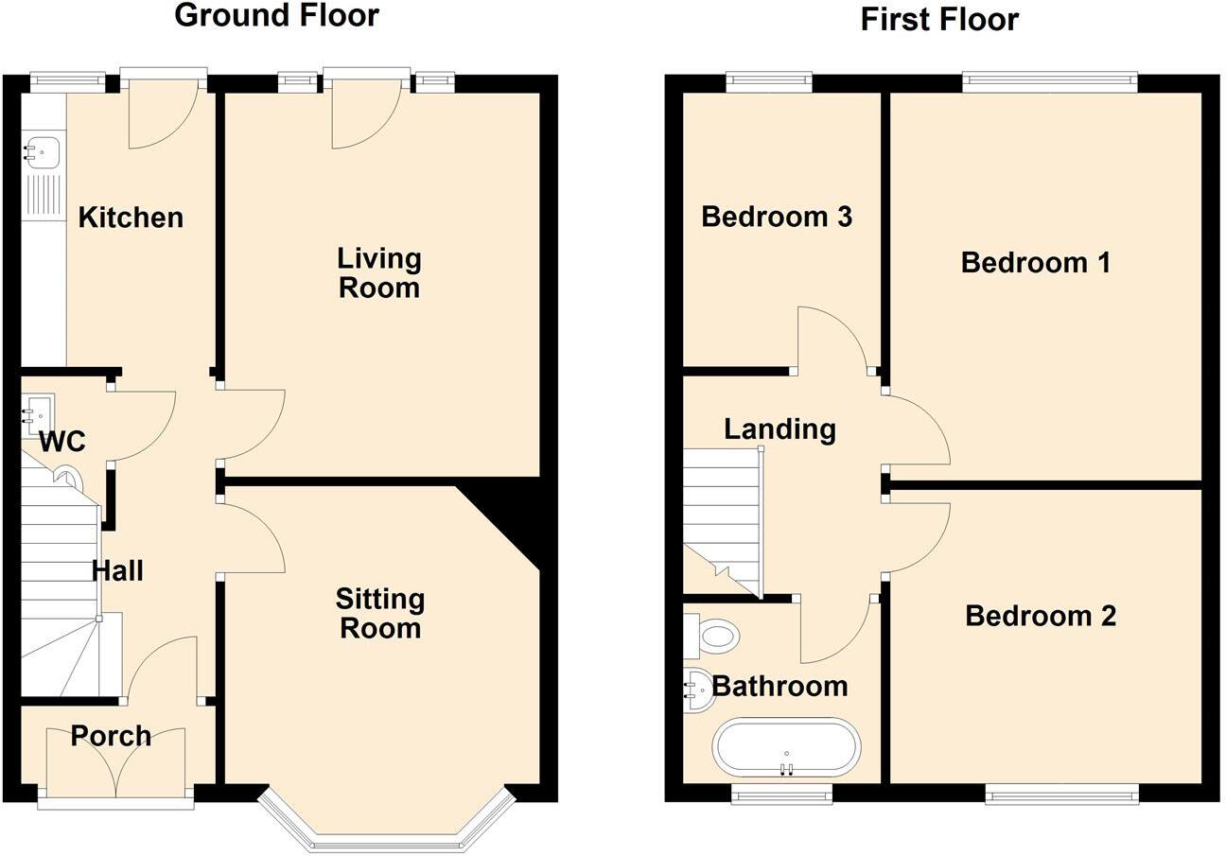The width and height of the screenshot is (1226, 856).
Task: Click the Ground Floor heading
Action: click(x=276, y=16)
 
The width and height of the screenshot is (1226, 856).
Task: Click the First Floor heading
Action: click(x=938, y=19)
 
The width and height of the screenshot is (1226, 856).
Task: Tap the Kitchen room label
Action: click(x=131, y=218)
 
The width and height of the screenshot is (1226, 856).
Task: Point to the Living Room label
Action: click(x=378, y=272)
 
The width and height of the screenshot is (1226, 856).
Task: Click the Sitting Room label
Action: click(x=379, y=613)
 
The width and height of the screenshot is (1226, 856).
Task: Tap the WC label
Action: click(x=62, y=442)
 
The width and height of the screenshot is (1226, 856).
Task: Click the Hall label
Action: click(x=117, y=570)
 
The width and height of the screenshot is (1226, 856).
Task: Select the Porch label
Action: click(x=111, y=736)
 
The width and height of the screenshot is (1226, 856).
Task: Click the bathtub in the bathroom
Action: click(x=786, y=747)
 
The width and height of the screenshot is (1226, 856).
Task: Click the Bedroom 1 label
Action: click(x=1035, y=262)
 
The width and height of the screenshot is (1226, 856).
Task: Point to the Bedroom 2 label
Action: click(x=1040, y=616)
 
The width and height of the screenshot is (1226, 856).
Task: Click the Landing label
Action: click(x=779, y=429)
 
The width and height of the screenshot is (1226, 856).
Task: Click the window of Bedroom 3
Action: click(x=768, y=82)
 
